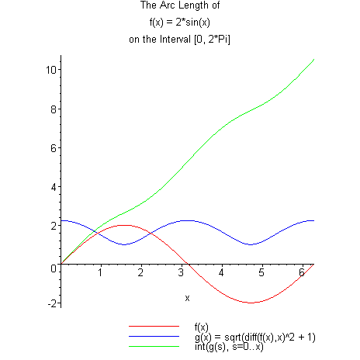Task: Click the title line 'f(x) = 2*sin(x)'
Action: (x=180, y=23)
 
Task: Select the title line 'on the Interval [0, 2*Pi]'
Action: (x=180, y=39)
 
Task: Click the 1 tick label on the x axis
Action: (x=101, y=273)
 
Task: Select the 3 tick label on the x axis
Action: (x=182, y=273)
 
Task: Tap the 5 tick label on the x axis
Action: (x=262, y=273)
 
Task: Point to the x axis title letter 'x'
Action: (x=187, y=298)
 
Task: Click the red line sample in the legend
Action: (x=154, y=327)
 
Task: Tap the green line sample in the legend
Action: (x=154, y=346)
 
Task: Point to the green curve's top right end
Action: (x=313, y=59)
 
